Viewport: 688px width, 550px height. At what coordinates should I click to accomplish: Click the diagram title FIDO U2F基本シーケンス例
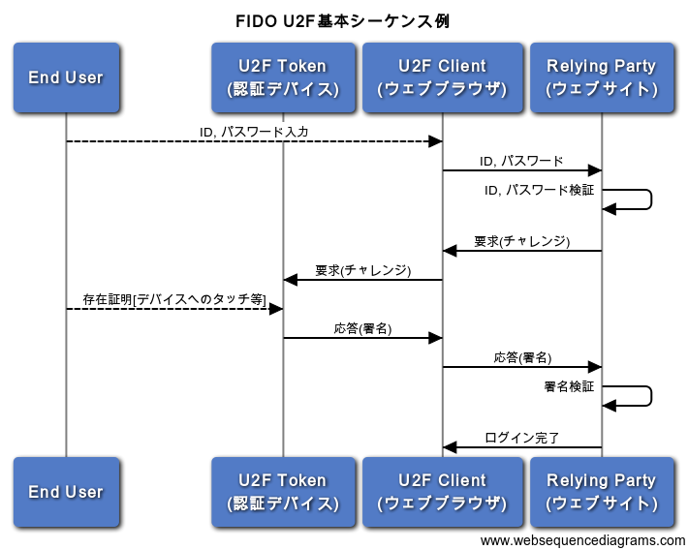[x=343, y=20]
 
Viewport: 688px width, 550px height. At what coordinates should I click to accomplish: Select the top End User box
[x=66, y=77]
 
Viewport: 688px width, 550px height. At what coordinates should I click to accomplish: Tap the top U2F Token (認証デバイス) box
[x=283, y=77]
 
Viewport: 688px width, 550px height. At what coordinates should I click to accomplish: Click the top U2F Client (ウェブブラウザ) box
[x=442, y=77]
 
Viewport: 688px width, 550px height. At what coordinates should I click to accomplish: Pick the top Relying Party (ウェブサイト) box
[x=602, y=77]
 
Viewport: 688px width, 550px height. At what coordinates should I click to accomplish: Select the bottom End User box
[x=66, y=492]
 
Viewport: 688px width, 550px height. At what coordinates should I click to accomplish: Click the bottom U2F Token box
[x=283, y=492]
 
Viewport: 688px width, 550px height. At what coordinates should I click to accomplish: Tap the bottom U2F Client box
[x=442, y=492]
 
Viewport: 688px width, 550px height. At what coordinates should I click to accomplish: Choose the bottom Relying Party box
[x=602, y=492]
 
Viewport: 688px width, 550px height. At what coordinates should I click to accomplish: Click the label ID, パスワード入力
[x=254, y=131]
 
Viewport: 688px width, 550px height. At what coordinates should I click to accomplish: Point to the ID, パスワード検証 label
[x=539, y=190]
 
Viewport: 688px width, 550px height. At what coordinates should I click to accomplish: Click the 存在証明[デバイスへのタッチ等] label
[x=174, y=299]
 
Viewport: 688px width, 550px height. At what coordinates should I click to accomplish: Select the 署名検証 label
[x=569, y=386]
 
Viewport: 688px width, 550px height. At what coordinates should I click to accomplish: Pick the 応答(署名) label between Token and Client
[x=362, y=328]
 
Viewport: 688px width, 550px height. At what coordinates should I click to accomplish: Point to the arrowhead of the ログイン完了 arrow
[x=450, y=447]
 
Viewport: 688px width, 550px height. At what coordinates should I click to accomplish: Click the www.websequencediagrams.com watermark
[x=582, y=540]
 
